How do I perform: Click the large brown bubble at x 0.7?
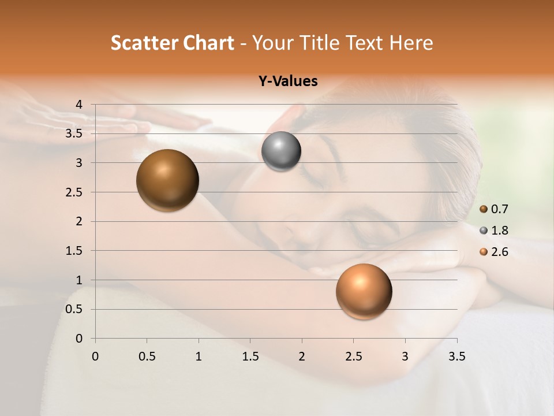pyautogui.click(x=167, y=180)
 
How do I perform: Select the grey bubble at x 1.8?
pyautogui.click(x=281, y=151)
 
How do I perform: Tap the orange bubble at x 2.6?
pyautogui.click(x=364, y=291)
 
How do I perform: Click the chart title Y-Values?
pyautogui.click(x=287, y=81)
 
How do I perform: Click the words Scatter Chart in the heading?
pyautogui.click(x=172, y=43)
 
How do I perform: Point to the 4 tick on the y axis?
pyautogui.click(x=80, y=105)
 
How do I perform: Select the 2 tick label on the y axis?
pyautogui.click(x=80, y=221)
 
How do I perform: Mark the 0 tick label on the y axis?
pyautogui.click(x=80, y=339)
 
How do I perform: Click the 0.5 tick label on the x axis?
pyautogui.click(x=147, y=356)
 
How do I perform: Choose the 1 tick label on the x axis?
pyautogui.click(x=199, y=356)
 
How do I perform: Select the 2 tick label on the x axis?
pyautogui.click(x=302, y=356)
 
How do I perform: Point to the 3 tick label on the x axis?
pyautogui.click(x=405, y=356)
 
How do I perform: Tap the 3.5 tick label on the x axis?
pyautogui.click(x=456, y=356)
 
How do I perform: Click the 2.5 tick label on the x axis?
pyautogui.click(x=353, y=356)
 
